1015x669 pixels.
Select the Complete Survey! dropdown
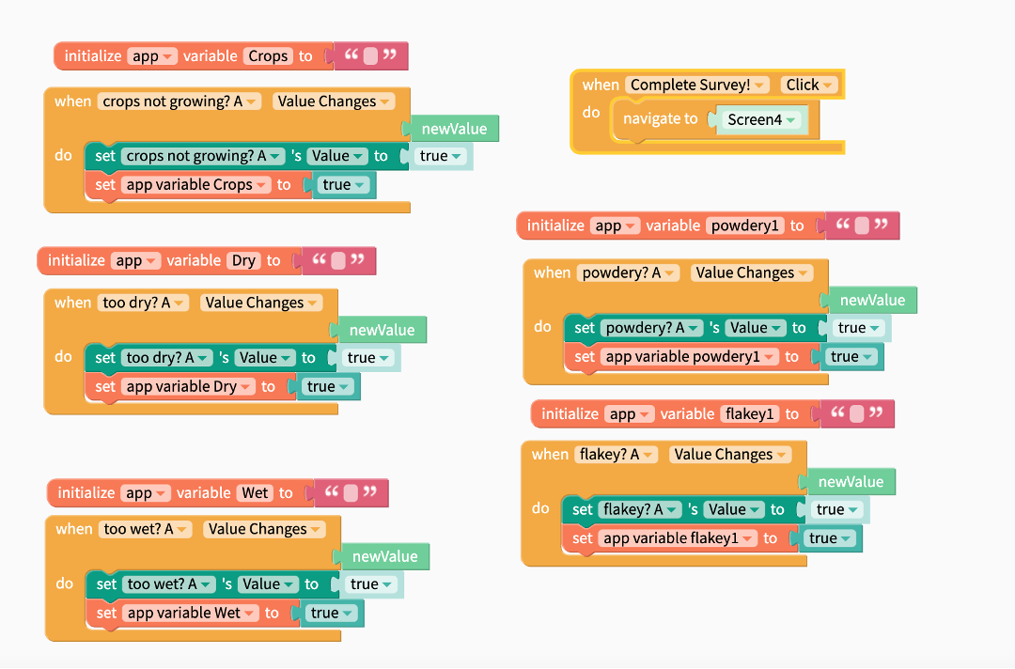click(696, 85)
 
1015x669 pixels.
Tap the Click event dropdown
click(808, 85)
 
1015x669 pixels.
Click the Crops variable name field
click(268, 56)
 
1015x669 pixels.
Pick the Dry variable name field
click(243, 260)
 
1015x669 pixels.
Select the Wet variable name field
click(256, 492)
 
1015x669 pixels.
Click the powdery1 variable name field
click(746, 226)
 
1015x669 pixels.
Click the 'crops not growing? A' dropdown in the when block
click(179, 101)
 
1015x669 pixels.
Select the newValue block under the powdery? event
click(872, 301)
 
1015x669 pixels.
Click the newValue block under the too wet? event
click(384, 557)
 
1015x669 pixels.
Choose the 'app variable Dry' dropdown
click(188, 386)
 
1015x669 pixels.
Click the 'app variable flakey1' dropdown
click(679, 538)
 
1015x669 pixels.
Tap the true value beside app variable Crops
click(343, 185)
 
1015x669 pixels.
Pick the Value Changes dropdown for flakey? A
click(729, 455)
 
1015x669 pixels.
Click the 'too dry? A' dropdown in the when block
click(144, 303)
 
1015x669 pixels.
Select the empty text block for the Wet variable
click(351, 492)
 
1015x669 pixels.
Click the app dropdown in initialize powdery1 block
click(616, 226)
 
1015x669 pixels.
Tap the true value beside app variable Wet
click(331, 614)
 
